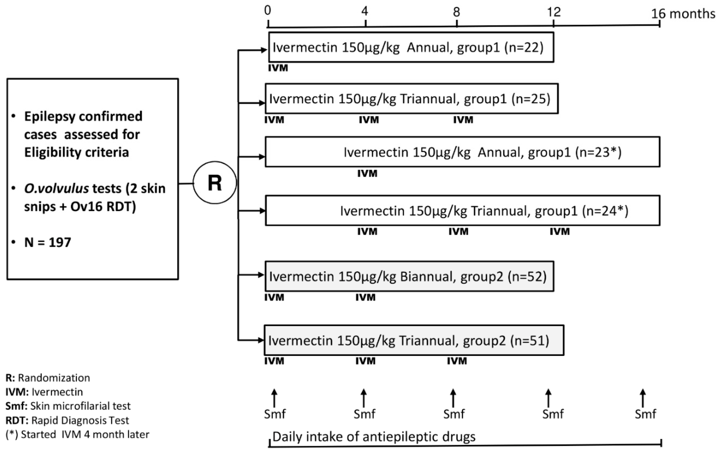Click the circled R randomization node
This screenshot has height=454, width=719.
215,183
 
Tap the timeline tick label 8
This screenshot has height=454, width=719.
456,12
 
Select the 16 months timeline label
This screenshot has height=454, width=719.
683,14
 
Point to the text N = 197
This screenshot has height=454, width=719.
48,242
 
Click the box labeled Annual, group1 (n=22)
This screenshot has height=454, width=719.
411,47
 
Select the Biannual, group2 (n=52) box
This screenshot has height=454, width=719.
409,276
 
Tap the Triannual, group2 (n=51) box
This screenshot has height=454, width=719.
414,340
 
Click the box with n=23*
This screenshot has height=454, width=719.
462,152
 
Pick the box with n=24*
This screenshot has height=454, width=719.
462,211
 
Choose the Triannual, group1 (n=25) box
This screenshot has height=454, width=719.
411,99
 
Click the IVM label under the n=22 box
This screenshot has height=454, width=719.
278,68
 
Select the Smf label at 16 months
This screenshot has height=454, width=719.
645,414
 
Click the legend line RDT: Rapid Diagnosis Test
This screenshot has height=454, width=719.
67,420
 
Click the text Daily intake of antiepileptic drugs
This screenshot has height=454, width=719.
374,437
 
